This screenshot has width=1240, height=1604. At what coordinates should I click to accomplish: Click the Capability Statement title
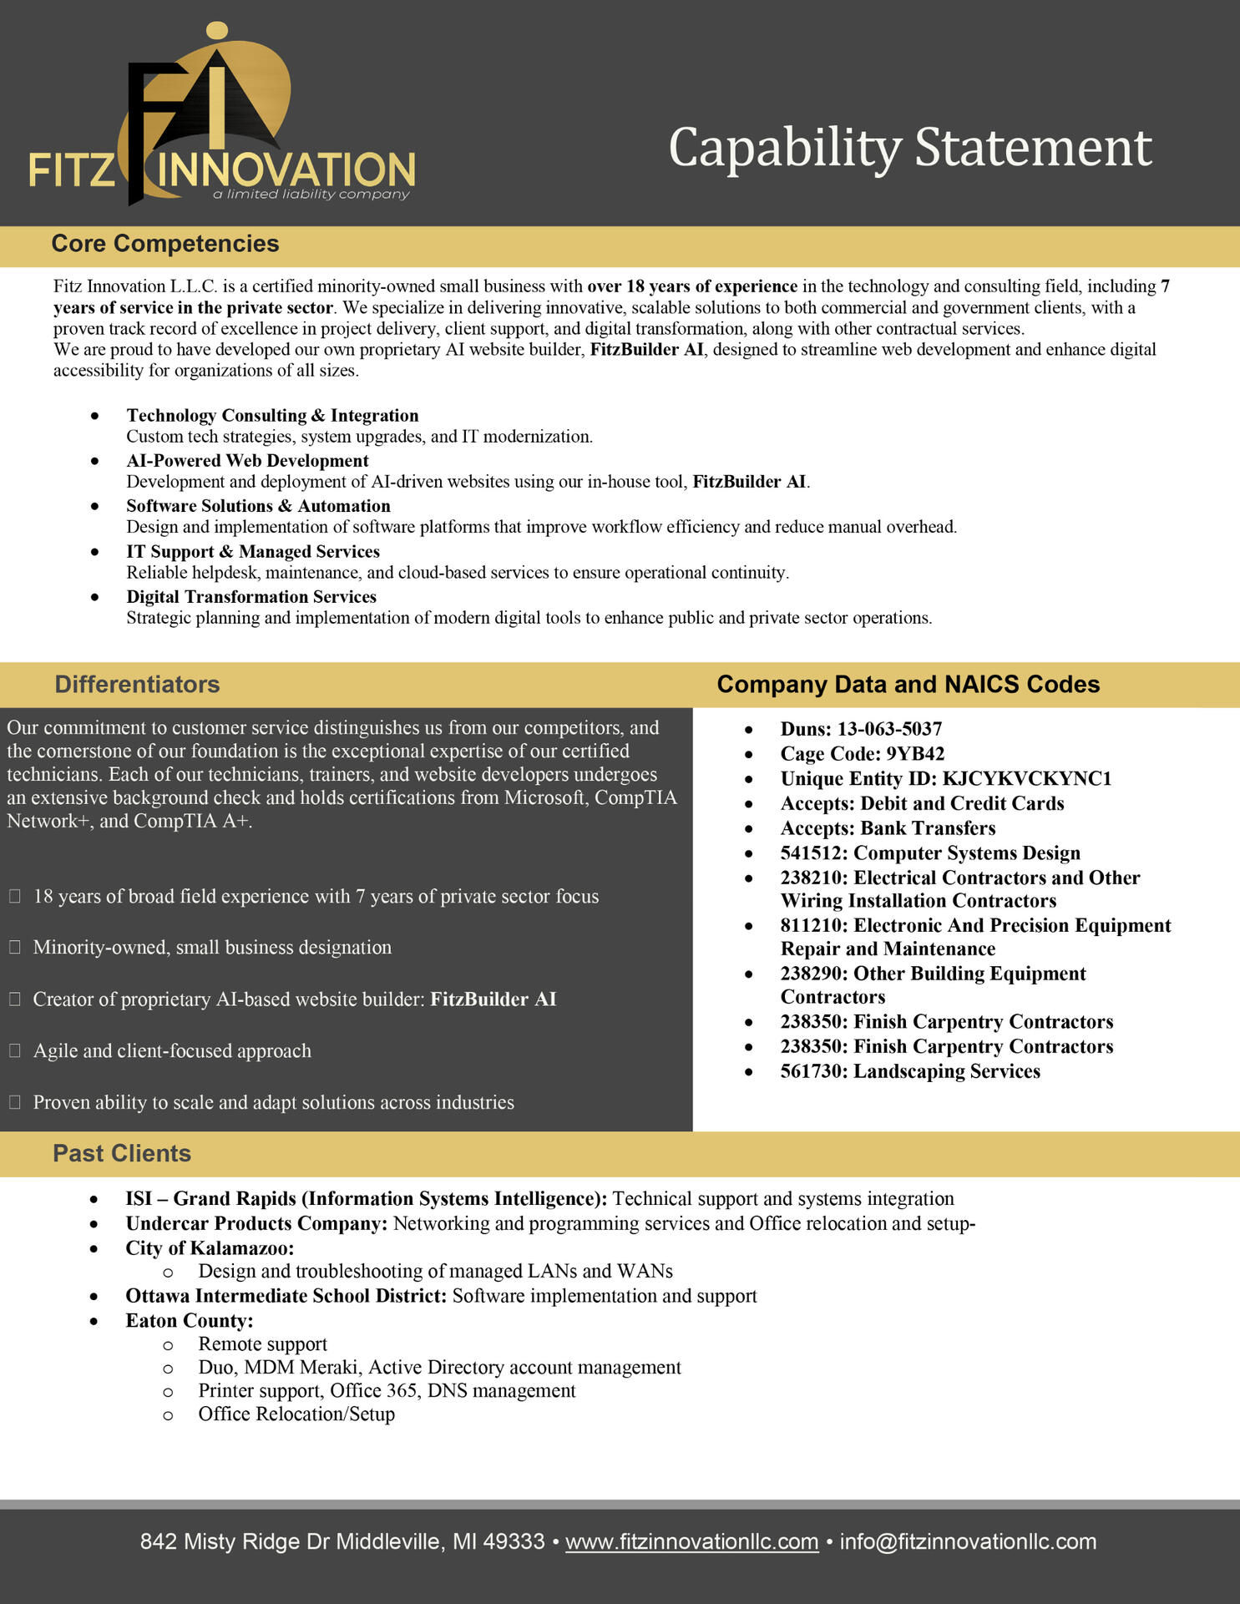click(909, 148)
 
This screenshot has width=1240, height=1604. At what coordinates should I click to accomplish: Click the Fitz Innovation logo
click(221, 117)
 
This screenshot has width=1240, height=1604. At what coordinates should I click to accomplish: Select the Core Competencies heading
click(165, 244)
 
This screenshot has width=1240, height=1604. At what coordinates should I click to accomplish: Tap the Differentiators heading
click(137, 685)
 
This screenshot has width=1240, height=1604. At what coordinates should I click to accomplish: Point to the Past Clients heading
click(122, 1154)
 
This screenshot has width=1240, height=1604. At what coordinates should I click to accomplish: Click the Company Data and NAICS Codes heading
click(908, 685)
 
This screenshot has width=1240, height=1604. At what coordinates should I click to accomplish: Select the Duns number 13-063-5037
click(889, 729)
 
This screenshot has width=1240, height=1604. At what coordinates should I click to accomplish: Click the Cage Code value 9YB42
click(915, 754)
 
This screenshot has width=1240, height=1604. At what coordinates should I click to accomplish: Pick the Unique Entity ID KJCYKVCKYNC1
click(1027, 779)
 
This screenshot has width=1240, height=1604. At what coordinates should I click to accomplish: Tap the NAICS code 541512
click(812, 853)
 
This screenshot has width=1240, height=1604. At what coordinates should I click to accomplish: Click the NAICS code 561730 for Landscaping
click(812, 1071)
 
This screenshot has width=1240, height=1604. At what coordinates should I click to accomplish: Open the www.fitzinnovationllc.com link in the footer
click(691, 1542)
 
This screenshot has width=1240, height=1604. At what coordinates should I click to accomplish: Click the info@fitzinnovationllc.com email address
click(968, 1542)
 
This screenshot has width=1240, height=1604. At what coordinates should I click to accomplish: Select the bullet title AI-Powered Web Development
click(247, 461)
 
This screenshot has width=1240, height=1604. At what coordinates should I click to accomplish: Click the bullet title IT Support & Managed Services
click(253, 552)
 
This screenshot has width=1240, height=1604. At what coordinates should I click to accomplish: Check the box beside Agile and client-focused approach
click(15, 1051)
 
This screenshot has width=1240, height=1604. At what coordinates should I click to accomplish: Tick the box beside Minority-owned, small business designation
click(15, 948)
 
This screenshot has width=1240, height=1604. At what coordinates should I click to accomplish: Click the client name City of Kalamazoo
click(210, 1248)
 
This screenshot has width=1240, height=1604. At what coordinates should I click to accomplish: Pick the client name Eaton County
click(189, 1321)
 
